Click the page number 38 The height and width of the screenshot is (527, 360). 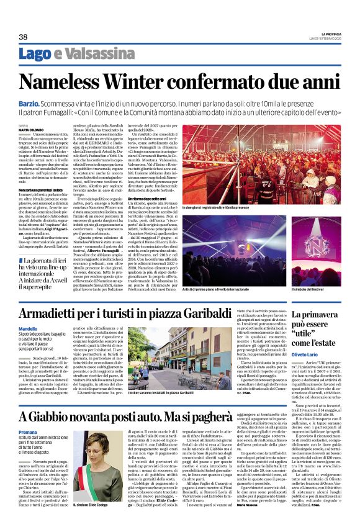[23, 37]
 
